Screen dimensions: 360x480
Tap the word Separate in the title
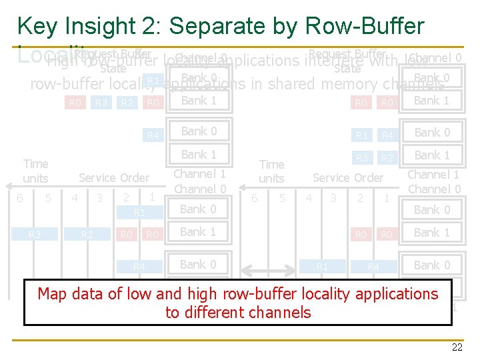click(x=230, y=27)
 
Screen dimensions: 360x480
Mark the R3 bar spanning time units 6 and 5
click(x=35, y=235)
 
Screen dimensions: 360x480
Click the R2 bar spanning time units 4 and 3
click(x=87, y=235)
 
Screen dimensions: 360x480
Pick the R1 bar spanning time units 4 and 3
click(x=322, y=267)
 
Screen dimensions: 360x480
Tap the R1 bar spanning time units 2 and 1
click(x=139, y=213)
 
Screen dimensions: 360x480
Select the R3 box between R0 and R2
click(x=101, y=103)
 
